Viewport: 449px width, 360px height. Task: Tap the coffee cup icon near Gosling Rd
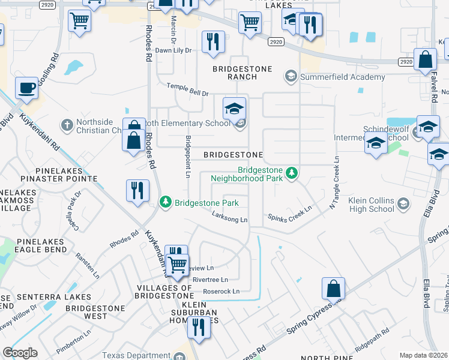26,88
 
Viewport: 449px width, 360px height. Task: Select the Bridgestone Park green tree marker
166,202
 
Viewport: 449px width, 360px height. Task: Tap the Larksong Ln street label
228,220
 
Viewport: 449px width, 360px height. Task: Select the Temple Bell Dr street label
187,89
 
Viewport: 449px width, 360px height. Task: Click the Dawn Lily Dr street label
173,50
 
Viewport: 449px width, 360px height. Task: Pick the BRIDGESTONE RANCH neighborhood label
243,73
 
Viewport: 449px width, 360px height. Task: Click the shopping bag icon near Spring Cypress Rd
333,289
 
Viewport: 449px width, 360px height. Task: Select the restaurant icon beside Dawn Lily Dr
213,41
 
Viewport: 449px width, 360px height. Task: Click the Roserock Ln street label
221,292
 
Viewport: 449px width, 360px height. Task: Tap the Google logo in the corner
20,353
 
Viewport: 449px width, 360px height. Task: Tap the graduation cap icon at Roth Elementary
235,108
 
